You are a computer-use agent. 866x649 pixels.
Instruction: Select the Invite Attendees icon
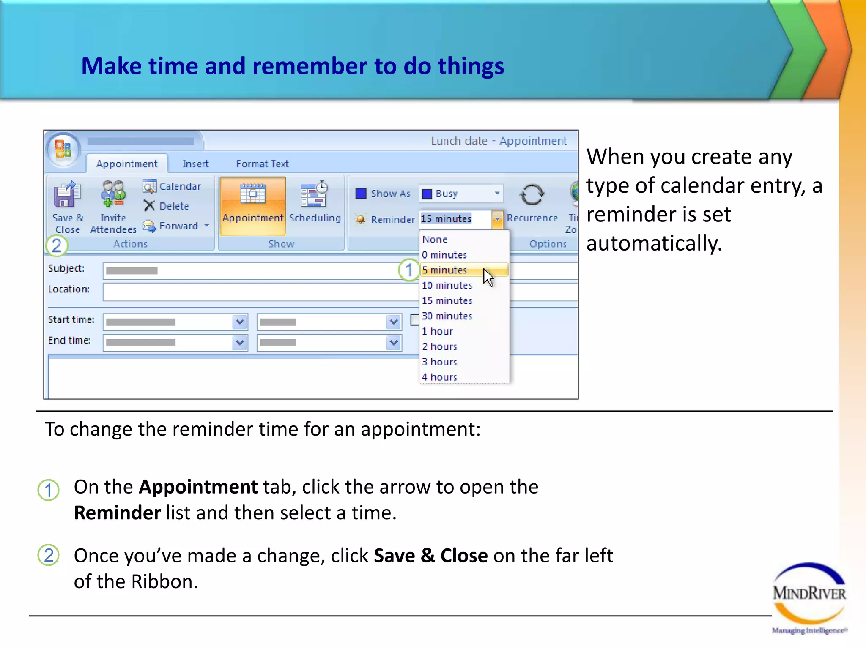click(x=113, y=194)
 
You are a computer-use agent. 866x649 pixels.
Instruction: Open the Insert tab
click(x=195, y=164)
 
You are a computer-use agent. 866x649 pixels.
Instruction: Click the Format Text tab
click(x=262, y=164)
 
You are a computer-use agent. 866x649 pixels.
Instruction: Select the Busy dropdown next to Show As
click(x=461, y=194)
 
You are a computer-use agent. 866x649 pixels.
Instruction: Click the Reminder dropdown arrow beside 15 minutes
click(x=497, y=219)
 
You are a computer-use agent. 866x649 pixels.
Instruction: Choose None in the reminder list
click(x=435, y=240)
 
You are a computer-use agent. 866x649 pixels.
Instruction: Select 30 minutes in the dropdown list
click(x=447, y=316)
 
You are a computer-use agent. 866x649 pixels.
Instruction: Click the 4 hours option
click(x=439, y=377)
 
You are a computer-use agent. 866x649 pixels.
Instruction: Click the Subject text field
click(x=254, y=270)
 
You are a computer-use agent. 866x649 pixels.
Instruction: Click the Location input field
click(x=254, y=292)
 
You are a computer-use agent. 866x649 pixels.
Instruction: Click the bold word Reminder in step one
click(x=117, y=513)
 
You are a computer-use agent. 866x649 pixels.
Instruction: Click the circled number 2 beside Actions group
click(x=57, y=245)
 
